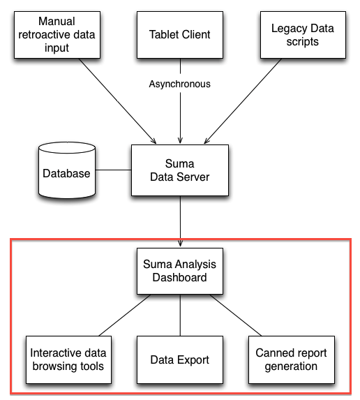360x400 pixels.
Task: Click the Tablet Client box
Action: click(180, 35)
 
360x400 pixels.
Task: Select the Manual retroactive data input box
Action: click(57, 35)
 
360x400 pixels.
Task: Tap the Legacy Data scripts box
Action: click(303, 35)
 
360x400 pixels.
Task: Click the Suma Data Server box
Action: click(180, 170)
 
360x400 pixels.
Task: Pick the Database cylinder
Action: click(67, 170)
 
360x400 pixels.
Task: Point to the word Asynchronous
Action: click(180, 84)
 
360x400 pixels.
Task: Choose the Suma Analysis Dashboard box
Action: click(180, 271)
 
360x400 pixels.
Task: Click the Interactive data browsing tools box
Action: click(68, 360)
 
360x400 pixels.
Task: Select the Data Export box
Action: click(180, 360)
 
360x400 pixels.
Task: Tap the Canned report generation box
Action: click(292, 360)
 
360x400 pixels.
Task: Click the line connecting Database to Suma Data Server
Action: click(114, 170)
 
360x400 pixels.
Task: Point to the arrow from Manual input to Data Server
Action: click(117, 101)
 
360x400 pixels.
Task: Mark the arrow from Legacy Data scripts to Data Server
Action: click(243, 101)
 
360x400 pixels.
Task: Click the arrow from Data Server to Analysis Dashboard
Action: click(181, 221)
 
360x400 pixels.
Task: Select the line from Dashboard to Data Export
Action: click(180, 315)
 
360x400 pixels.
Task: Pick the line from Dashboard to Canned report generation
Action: click(236, 315)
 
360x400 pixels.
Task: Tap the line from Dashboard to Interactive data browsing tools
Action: click(125, 315)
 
